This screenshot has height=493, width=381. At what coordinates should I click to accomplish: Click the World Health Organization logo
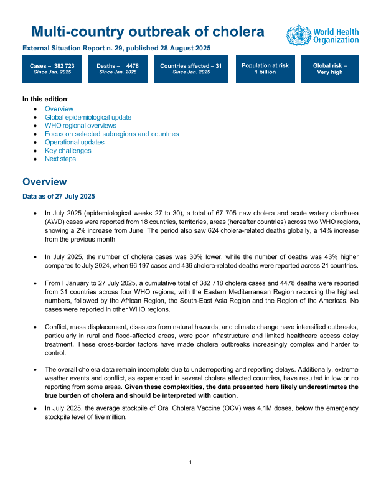click(x=322, y=35)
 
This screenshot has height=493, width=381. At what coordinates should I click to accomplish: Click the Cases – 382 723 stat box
click(x=52, y=68)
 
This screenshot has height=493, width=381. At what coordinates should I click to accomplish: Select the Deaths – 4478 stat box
click(x=118, y=68)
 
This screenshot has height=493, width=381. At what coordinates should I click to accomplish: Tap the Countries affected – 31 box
click(x=190, y=68)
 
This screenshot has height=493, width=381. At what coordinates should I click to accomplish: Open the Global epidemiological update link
click(x=88, y=117)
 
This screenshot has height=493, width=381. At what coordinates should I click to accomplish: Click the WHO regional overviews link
click(x=80, y=125)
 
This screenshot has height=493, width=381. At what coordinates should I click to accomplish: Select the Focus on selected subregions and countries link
click(x=111, y=134)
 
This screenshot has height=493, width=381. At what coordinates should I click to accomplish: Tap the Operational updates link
click(x=74, y=142)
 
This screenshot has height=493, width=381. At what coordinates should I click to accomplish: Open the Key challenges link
click(x=68, y=151)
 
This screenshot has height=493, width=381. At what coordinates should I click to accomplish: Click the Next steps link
click(x=60, y=159)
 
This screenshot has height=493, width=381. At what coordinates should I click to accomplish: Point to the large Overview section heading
click(x=44, y=182)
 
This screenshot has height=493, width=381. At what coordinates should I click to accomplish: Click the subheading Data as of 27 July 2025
click(x=59, y=197)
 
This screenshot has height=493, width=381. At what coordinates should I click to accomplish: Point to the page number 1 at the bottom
click(x=190, y=462)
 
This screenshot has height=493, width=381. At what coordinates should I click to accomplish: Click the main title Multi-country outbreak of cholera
click(x=148, y=32)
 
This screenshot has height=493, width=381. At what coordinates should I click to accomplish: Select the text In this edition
click(x=45, y=99)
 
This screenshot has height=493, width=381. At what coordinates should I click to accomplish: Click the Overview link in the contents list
click(x=59, y=108)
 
